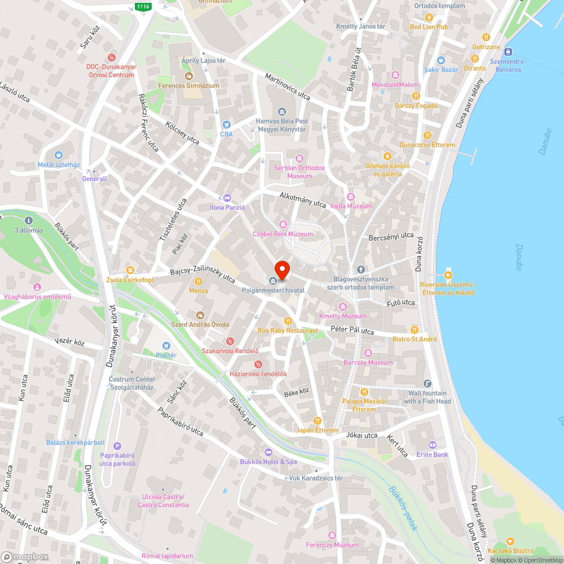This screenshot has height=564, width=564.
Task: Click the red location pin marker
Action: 281,270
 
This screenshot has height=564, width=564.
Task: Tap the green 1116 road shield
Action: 142,6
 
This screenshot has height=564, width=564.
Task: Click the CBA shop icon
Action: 226,125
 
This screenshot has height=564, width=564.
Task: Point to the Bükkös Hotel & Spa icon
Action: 268,452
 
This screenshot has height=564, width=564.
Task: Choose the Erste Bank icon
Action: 432,444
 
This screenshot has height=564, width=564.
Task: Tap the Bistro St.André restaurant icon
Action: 415,329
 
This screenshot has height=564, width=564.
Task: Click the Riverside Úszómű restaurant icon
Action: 448,275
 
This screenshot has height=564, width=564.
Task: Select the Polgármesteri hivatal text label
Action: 273,290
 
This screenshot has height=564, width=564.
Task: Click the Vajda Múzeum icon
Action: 351,196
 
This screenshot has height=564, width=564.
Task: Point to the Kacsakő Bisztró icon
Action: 510,541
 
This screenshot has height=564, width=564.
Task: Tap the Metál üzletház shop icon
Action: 59,155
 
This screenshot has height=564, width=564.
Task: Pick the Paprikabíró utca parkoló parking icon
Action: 117,446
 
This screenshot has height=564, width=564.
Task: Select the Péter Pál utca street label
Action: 352,331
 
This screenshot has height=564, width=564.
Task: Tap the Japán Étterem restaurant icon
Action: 318,421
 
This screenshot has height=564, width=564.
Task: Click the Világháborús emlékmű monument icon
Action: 37,287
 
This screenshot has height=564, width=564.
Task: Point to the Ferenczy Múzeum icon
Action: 332,535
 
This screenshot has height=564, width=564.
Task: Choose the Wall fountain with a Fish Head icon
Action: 427,384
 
